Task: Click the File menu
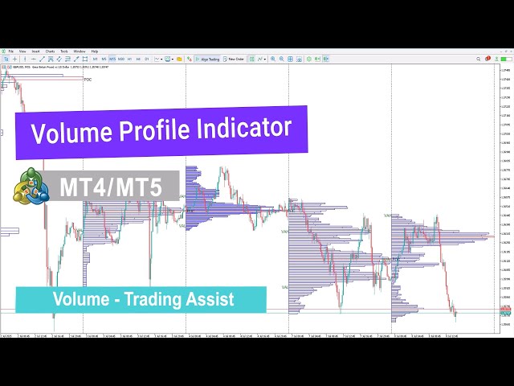click(x=10, y=51)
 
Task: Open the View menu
click(x=23, y=51)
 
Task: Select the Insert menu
click(x=36, y=51)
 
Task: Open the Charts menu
click(x=50, y=51)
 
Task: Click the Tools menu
click(x=64, y=51)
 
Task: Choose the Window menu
click(x=80, y=51)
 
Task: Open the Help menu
click(x=95, y=51)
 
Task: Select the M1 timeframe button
click(x=95, y=59)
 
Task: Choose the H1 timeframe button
click(x=129, y=59)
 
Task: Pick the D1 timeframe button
click(x=147, y=59)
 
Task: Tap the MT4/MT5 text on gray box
click(x=110, y=187)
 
